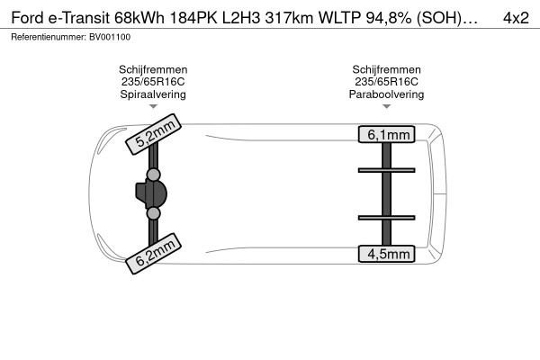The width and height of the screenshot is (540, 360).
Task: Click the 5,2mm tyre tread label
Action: coord(153,134)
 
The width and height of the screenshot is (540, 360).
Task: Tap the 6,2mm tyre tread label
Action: coord(153,254)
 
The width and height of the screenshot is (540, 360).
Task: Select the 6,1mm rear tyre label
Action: coord(386,134)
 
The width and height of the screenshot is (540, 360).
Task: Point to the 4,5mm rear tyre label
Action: coord(386,254)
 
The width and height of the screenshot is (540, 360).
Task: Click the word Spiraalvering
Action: coord(153,94)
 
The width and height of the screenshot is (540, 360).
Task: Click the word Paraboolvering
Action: coord(386,94)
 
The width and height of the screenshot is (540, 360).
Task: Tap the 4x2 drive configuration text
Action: coord(516,18)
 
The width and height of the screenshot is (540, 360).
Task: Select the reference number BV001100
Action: coord(110,37)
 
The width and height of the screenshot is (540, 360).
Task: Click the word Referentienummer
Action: coord(48,37)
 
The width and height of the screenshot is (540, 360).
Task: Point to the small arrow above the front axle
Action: coord(153,106)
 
